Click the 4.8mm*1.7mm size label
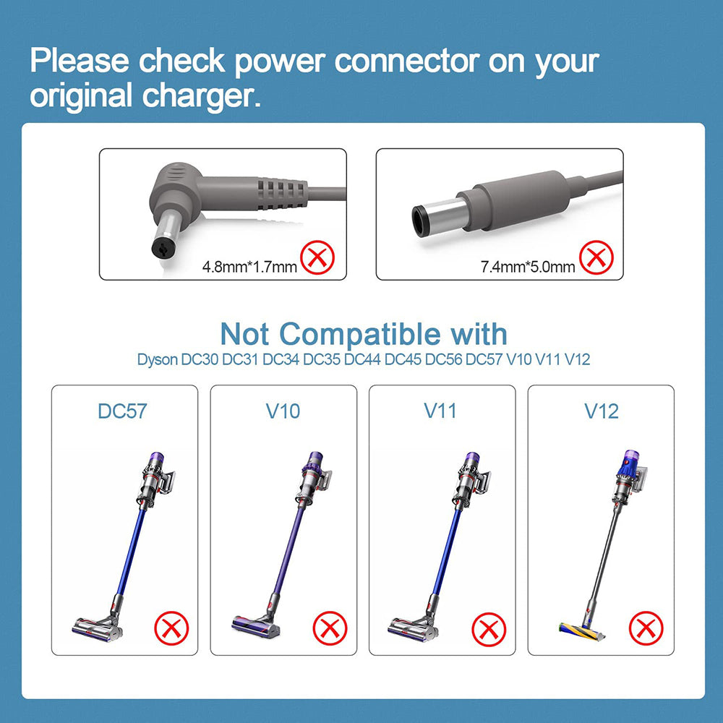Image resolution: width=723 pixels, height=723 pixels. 249,267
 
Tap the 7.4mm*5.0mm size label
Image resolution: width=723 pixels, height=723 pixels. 528,267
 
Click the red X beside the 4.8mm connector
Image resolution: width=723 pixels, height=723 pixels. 317,257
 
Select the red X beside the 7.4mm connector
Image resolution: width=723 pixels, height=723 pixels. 596,257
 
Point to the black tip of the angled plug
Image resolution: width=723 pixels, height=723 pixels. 162,249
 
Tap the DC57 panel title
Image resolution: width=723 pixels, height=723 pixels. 122,411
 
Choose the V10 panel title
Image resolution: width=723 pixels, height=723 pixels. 283,411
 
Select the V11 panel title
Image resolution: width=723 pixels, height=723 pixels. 440,411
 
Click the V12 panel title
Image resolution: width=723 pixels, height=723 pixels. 602,411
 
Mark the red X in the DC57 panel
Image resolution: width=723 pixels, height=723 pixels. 171,628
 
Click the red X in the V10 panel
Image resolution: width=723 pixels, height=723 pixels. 330,628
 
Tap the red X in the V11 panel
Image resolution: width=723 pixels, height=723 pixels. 489,630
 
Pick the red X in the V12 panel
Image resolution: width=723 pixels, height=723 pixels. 646,628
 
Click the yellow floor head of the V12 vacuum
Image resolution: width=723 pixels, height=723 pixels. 581,632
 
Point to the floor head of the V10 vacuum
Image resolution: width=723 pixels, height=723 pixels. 256,627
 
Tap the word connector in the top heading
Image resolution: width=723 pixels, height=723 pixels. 407,61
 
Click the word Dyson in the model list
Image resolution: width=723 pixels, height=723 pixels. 157,359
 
